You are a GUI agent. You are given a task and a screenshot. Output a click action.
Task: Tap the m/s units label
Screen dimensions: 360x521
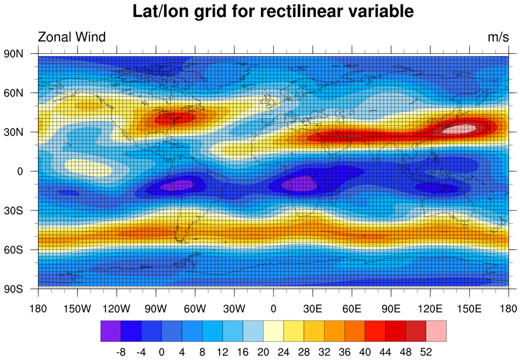coord(498,37)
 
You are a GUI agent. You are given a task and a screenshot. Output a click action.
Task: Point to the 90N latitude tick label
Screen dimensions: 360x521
coord(13,53)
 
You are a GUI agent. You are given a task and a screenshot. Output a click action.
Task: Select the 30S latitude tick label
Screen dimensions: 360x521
coord(14,210)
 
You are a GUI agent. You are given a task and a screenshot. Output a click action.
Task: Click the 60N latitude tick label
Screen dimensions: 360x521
coord(13,93)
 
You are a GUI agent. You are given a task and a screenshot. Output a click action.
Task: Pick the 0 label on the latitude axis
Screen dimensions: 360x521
coord(19,171)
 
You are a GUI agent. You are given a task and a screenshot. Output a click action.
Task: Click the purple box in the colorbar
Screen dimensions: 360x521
coord(110,331)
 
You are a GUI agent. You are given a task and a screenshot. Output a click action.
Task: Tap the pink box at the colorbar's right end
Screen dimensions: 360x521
coord(436,331)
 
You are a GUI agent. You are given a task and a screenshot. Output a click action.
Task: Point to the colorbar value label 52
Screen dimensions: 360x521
coord(426,352)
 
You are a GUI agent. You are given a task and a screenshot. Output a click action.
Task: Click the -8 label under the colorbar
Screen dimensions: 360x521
coord(121,352)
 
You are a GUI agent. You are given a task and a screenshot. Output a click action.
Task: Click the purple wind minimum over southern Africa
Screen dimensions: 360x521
coord(300,183)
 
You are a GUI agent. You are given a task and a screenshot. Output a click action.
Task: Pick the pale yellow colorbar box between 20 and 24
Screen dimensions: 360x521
coord(273,331)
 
